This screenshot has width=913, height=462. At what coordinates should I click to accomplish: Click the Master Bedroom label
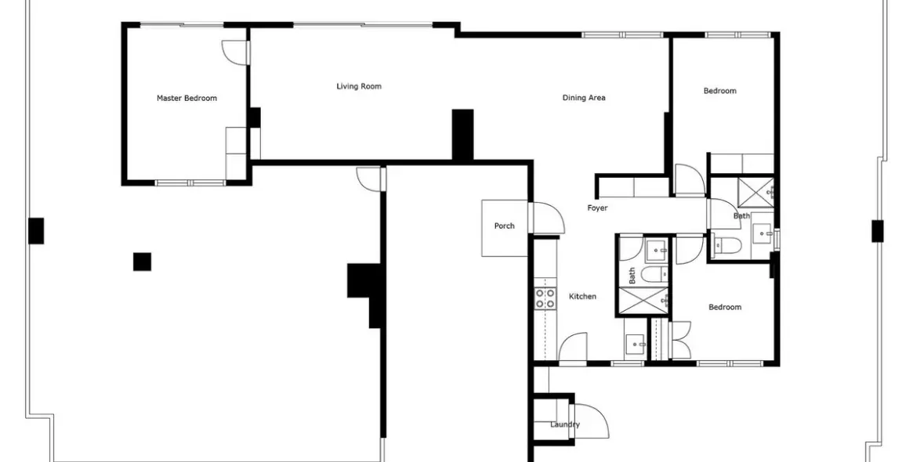point(187,99)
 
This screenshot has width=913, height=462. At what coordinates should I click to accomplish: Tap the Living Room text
point(359,87)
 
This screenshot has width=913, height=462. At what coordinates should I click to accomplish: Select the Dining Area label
point(583,98)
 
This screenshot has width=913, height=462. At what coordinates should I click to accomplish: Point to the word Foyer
point(597,208)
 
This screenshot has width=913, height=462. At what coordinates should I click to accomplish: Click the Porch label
point(504,226)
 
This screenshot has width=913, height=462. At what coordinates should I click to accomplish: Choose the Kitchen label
point(582,296)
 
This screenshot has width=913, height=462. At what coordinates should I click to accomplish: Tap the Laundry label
point(565,424)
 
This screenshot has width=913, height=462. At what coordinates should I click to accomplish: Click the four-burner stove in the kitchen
point(545,298)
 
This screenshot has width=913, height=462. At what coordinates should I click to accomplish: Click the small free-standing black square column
point(142,262)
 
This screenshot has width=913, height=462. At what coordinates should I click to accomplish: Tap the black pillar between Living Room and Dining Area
point(463,135)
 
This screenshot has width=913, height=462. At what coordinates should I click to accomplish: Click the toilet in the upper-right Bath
point(727,245)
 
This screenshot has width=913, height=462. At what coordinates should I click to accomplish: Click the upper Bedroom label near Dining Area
point(719,91)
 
